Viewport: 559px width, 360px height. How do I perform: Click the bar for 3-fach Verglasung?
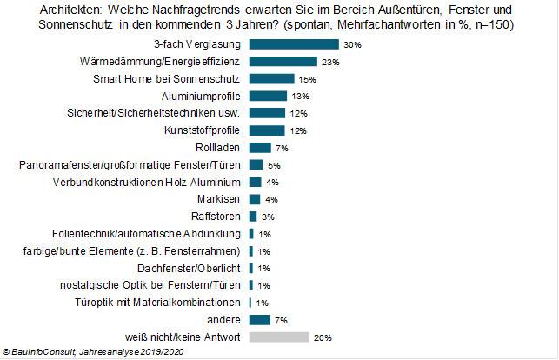click(x=293, y=43)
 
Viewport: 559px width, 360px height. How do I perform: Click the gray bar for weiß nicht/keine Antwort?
click(x=278, y=337)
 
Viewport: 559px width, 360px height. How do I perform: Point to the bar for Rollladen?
click(x=259, y=147)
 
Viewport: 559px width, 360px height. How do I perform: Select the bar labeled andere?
click(x=259, y=319)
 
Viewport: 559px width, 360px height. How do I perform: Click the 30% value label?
click(x=351, y=43)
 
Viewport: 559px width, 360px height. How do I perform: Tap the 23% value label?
click(x=330, y=61)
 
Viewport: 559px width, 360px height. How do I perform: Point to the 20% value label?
click(x=323, y=337)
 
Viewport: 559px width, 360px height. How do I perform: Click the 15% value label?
click(x=306, y=78)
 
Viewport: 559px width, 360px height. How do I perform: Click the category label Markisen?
click(x=224, y=199)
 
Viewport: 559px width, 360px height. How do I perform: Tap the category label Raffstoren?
click(x=221, y=216)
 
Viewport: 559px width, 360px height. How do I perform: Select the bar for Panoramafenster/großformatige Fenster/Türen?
click(x=256, y=164)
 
